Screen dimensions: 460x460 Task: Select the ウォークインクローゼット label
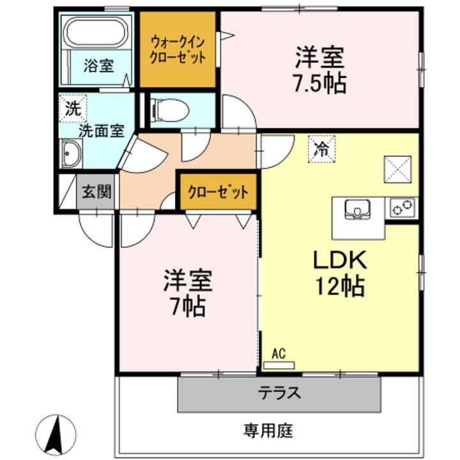coord(178,49)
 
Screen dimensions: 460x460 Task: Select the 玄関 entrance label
coord(96,192)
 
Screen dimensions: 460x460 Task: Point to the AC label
coord(279,353)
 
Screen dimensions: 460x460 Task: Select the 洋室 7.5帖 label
coord(319,70)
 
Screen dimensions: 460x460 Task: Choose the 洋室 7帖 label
coord(187,293)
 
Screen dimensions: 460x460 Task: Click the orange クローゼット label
coord(218,192)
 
